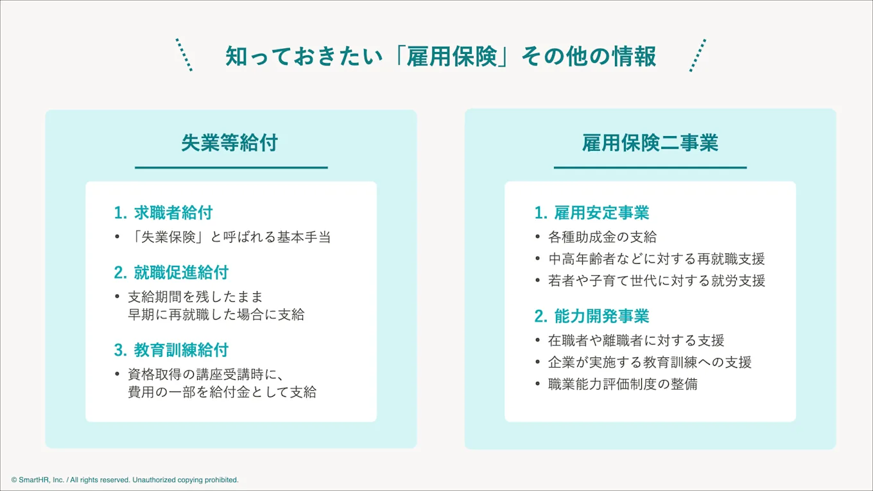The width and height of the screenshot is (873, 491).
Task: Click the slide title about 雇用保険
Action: pos(440,56)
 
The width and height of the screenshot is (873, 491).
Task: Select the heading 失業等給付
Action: pos(229,142)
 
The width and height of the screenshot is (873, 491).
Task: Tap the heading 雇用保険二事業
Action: pos(650,142)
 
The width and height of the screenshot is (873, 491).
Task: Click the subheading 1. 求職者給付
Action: pos(163,212)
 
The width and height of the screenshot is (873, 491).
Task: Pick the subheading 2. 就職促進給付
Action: pos(171,272)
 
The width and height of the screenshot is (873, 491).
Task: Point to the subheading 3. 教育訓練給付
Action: pos(171,350)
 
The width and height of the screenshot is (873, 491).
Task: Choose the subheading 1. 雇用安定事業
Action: pos(591,212)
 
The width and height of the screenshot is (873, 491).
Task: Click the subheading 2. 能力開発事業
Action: pos(591,316)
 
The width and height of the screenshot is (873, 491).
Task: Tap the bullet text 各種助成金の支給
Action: pos(602,237)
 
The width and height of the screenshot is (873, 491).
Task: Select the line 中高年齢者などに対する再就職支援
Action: pos(656,259)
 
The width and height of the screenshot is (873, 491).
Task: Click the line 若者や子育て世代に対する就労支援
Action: pos(656,280)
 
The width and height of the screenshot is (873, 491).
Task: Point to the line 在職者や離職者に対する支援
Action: pos(635,340)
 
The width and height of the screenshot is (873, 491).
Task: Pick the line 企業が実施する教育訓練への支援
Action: pos(650,362)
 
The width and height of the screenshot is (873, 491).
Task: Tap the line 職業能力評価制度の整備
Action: pos(623,384)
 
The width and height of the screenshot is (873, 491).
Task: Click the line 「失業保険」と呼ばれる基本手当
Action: pos(229,237)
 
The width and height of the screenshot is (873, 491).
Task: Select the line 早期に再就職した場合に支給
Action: pos(216,314)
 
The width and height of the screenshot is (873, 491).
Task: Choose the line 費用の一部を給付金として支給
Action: pos(222,392)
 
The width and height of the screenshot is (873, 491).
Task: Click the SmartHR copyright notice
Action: pos(125,479)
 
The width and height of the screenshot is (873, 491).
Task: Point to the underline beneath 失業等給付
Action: pos(231,168)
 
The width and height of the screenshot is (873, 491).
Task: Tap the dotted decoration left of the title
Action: pos(184,55)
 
